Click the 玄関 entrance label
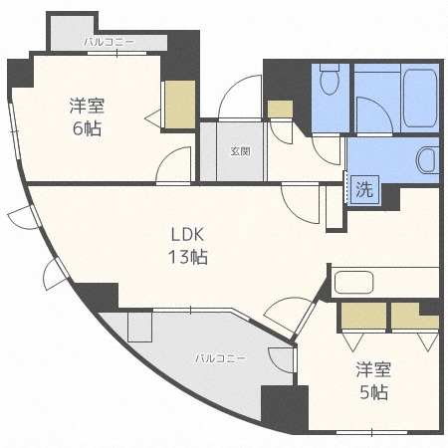pyautogui.click(x=240, y=152)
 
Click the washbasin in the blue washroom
pyautogui.click(x=427, y=158)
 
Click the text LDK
pyautogui.click(x=187, y=237)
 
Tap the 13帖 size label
pyautogui.click(x=187, y=258)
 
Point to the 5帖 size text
pyautogui.click(x=373, y=391)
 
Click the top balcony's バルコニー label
pyautogui.click(x=110, y=43)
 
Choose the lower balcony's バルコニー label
pyautogui.click(x=215, y=355)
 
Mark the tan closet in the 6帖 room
pyautogui.click(x=179, y=104)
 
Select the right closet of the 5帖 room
pyautogui.click(x=414, y=316)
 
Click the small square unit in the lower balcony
pyautogui.click(x=140, y=324)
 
